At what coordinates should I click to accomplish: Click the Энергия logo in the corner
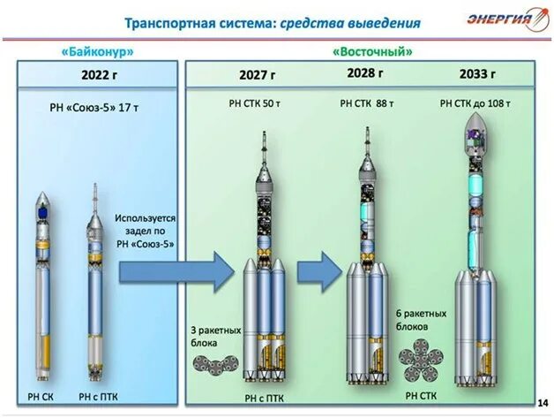498,19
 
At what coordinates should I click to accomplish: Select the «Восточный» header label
372,51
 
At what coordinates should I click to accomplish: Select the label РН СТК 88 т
367,103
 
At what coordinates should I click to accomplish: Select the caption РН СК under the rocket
41,397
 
